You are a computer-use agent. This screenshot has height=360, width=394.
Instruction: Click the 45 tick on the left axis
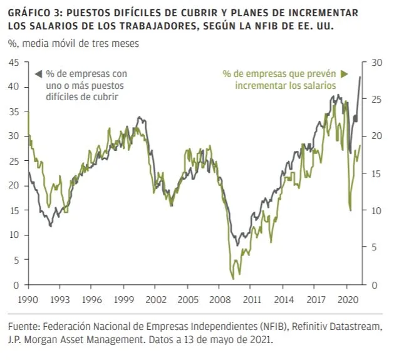click(14, 63)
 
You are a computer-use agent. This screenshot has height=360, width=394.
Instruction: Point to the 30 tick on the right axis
click(376, 63)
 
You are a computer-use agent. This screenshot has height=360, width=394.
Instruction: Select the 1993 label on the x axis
click(60, 300)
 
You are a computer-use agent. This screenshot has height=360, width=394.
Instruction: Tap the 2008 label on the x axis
click(220, 300)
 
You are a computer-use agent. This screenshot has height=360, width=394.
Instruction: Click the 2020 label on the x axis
click(348, 300)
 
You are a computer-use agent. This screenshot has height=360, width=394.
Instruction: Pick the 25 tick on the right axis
click(376, 100)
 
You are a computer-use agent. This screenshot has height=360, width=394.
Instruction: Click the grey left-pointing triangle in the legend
click(38, 74)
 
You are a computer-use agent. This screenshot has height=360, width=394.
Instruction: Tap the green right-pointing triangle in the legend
click(345, 74)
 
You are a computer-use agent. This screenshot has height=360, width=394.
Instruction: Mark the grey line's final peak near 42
click(360, 77)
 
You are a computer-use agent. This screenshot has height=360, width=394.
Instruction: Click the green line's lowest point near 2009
click(233, 279)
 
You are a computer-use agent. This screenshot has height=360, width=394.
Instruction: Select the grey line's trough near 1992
click(51, 226)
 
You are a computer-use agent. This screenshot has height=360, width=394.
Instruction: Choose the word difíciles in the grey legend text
click(61, 97)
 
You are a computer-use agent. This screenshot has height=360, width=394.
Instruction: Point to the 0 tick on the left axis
click(16, 285)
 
